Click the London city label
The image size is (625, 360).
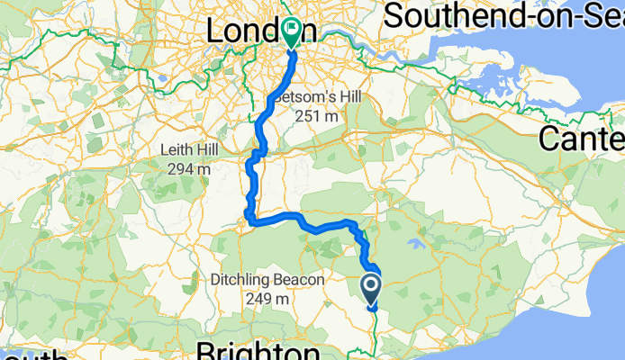click(x=260, y=31)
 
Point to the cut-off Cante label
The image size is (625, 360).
click(x=581, y=139)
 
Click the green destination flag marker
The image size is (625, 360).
click(x=292, y=32)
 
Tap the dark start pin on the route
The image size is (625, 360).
click(x=372, y=290)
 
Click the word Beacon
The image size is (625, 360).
click(x=301, y=281)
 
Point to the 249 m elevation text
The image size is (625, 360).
click(x=268, y=299)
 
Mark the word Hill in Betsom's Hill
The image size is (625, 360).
click(x=329, y=98)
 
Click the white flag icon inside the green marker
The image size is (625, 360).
click(x=292, y=28)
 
